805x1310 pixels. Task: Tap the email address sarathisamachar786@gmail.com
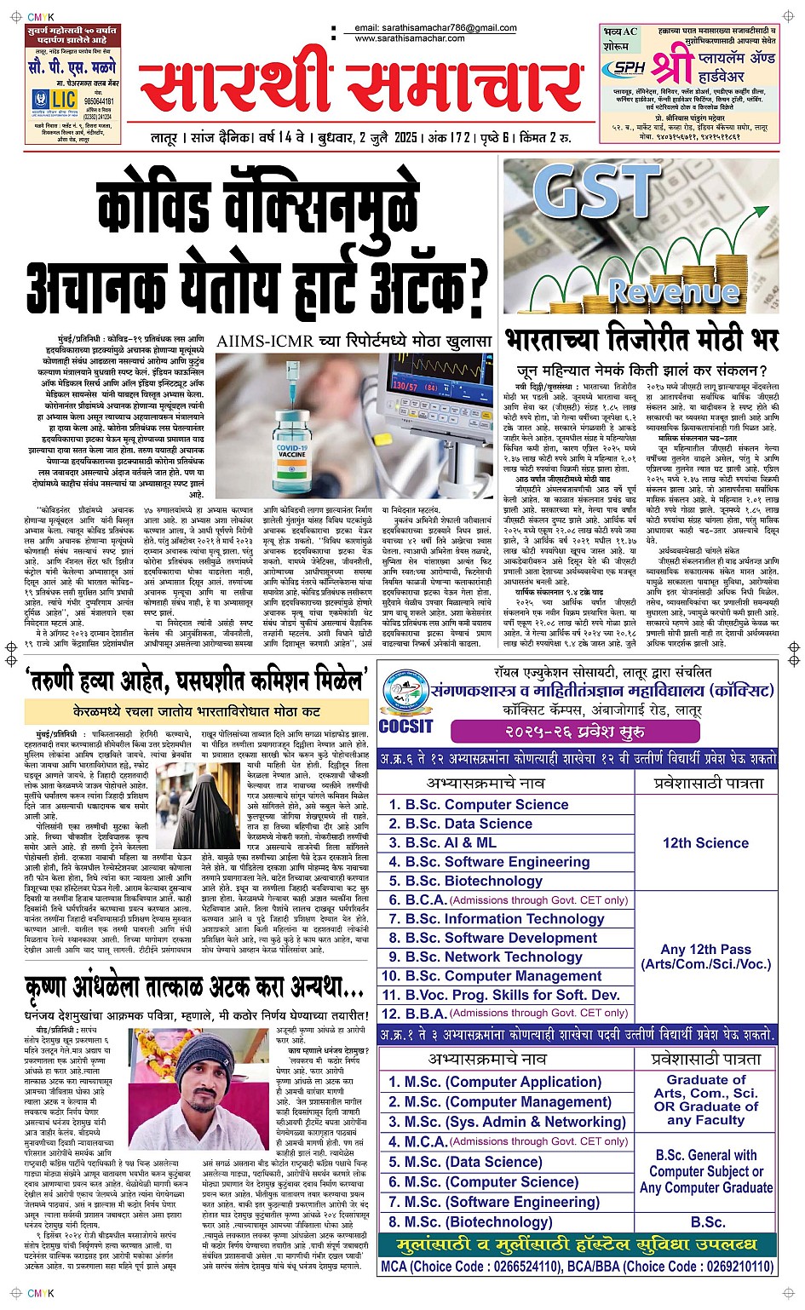pos(447,28)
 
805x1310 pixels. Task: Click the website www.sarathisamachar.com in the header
pos(410,38)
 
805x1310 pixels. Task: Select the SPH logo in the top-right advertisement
pos(629,68)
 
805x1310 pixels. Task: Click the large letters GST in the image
pos(597,192)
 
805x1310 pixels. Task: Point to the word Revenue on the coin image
pos(673,292)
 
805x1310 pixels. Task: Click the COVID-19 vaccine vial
pos(292,451)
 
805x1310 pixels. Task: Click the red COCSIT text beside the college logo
pos(405,727)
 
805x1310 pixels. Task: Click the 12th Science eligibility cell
pos(705,842)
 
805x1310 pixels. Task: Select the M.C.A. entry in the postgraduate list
pos(426,1141)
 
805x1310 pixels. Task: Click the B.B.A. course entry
pos(426,1014)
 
